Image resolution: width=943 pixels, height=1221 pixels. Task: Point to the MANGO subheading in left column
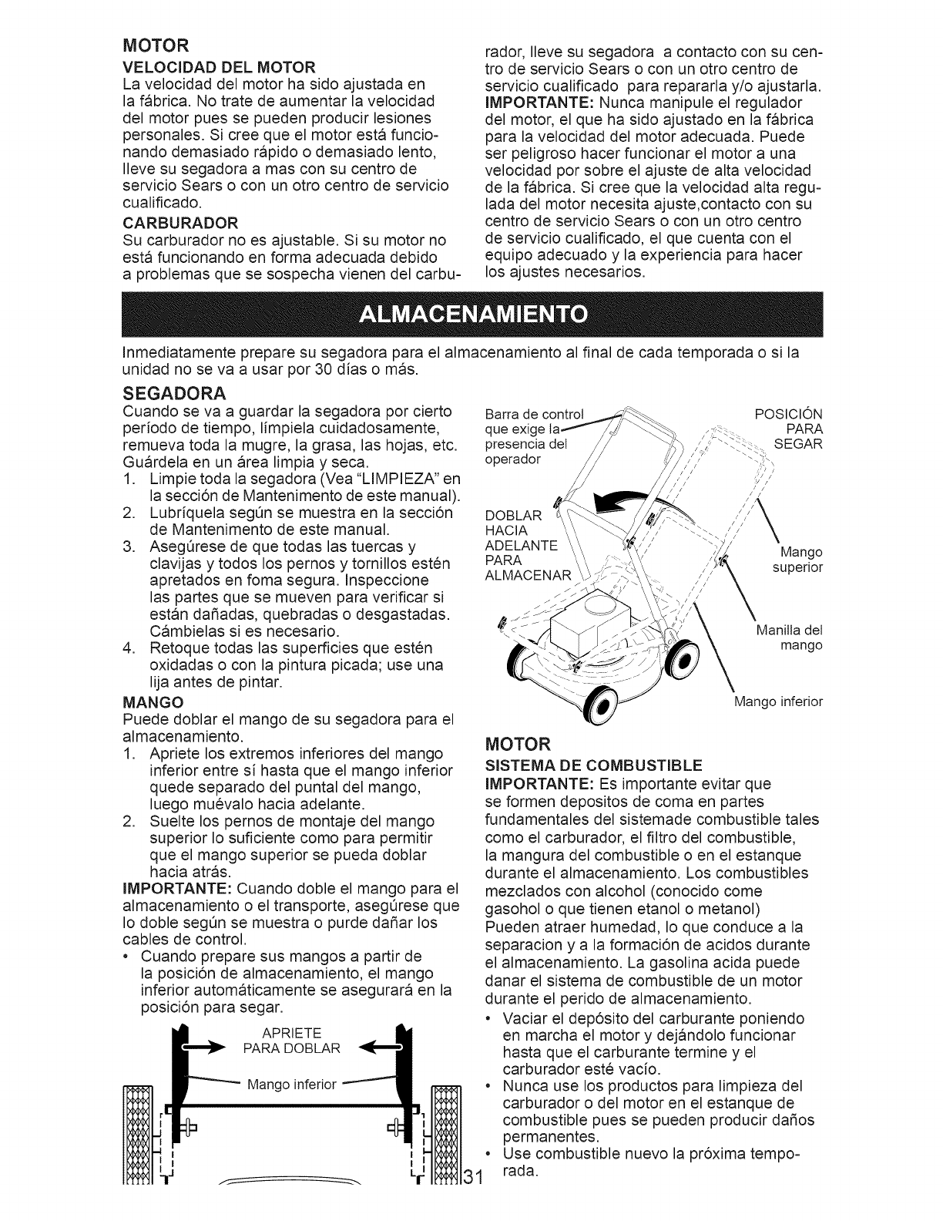coord(153,702)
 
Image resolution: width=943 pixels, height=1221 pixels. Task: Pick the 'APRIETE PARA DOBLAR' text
coord(291,1040)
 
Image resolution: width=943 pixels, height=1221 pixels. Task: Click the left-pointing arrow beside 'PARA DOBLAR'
coord(377,1047)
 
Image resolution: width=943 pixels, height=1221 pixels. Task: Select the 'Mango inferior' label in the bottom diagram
coord(292,1085)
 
